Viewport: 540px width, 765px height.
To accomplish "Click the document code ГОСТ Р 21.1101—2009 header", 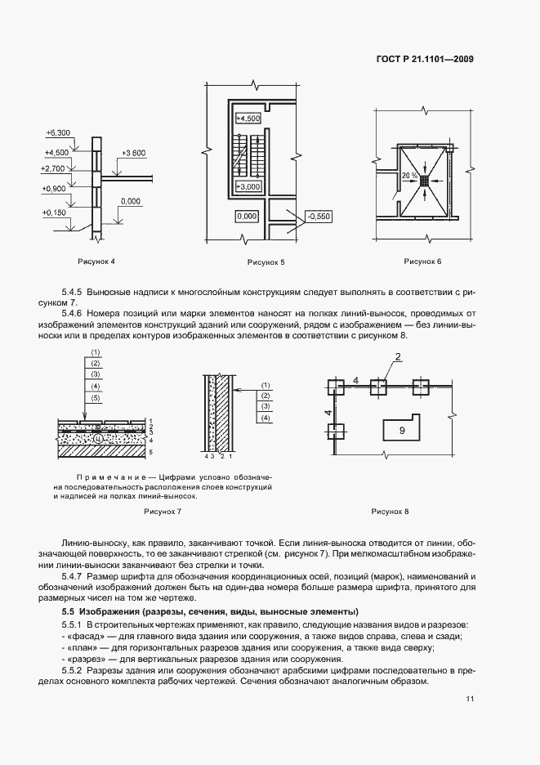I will (426, 59).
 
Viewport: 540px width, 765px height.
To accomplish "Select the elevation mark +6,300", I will (59, 132).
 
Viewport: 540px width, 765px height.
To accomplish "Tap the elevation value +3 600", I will (133, 153).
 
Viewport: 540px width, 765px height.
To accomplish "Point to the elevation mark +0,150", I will (54, 212).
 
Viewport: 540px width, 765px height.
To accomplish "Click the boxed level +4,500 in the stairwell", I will (247, 119).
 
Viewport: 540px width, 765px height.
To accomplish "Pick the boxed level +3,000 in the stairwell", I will (247, 187).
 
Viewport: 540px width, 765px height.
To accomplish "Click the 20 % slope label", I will (410, 176).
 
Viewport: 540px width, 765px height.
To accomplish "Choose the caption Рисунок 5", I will (266, 262).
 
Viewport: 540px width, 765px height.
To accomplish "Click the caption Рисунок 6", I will (422, 261).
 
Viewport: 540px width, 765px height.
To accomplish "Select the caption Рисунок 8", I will (390, 511).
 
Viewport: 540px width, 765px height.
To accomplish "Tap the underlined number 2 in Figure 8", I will (398, 356).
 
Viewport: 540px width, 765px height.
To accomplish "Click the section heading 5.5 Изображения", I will (209, 611).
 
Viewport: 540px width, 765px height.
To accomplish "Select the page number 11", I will (471, 698).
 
